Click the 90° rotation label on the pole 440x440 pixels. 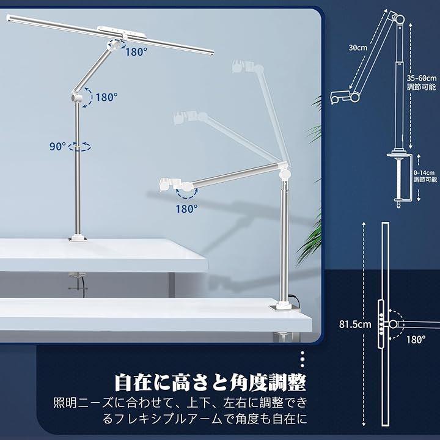click(x=58, y=146)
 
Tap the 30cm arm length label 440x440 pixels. click(x=358, y=48)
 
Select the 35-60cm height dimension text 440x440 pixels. click(x=422, y=78)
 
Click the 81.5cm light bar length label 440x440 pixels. click(x=355, y=324)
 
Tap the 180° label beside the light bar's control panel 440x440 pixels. click(x=416, y=340)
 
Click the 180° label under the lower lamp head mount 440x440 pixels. click(x=186, y=209)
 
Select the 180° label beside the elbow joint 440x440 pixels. click(x=106, y=97)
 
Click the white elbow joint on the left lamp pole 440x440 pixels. click(x=76, y=97)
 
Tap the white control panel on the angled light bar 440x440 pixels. click(x=122, y=31)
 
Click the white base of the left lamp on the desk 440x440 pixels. click(x=78, y=238)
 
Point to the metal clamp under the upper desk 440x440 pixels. click(x=76, y=281)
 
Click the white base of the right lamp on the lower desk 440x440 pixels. click(x=282, y=306)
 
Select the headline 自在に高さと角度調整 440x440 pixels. click(x=210, y=382)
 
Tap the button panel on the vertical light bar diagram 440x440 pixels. click(x=381, y=324)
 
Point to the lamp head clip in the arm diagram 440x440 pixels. click(x=340, y=97)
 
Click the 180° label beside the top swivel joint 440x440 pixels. click(x=136, y=52)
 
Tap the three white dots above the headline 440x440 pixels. click(x=302, y=359)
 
